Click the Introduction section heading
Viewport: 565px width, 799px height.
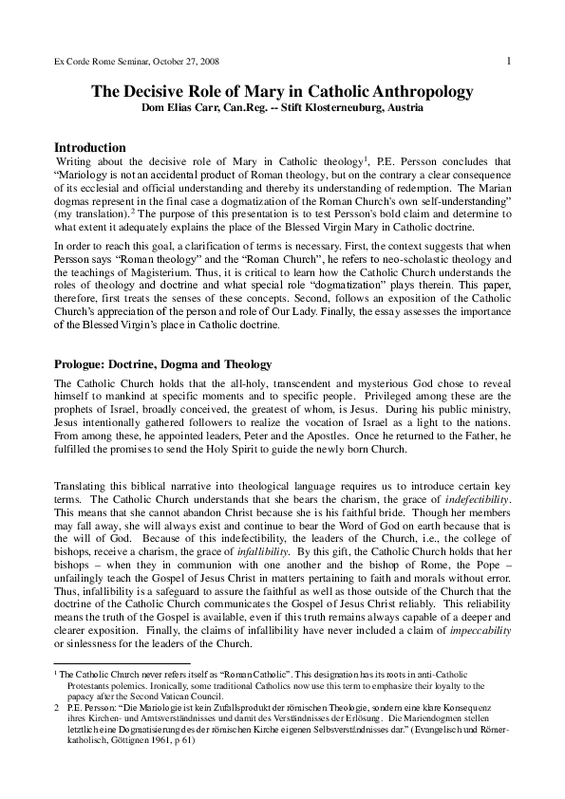(x=90, y=148)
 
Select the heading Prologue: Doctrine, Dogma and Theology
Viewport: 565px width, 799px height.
(x=163, y=364)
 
